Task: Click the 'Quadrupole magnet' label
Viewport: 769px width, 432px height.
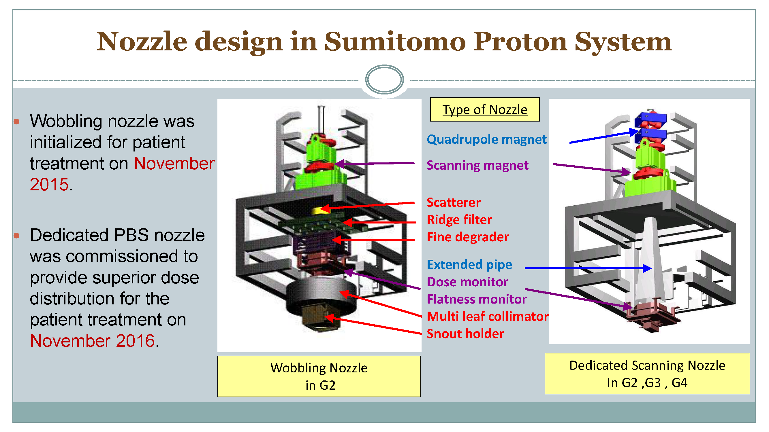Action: [486, 139]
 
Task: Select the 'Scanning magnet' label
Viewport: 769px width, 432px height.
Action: [477, 165]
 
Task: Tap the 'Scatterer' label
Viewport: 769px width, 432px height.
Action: [454, 202]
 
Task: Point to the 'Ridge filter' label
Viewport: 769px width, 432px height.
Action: [459, 220]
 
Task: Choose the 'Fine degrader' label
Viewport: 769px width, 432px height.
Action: [467, 237]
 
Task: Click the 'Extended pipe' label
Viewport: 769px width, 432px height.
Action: [469, 264]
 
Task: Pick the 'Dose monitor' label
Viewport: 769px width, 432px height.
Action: [467, 282]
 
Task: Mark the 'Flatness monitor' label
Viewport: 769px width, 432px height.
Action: [476, 299]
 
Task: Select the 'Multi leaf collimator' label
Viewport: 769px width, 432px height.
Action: [488, 316]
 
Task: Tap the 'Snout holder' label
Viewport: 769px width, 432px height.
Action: [465, 334]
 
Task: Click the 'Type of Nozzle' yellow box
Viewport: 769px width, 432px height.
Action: [484, 109]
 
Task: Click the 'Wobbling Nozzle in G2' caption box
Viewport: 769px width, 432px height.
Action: [319, 376]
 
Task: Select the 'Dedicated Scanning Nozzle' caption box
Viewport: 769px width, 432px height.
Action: [647, 374]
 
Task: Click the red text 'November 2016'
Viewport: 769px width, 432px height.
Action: [93, 340]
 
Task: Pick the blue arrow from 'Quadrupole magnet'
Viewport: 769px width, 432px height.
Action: [603, 137]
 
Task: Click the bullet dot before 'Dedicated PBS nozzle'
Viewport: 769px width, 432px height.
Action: [17, 236]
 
